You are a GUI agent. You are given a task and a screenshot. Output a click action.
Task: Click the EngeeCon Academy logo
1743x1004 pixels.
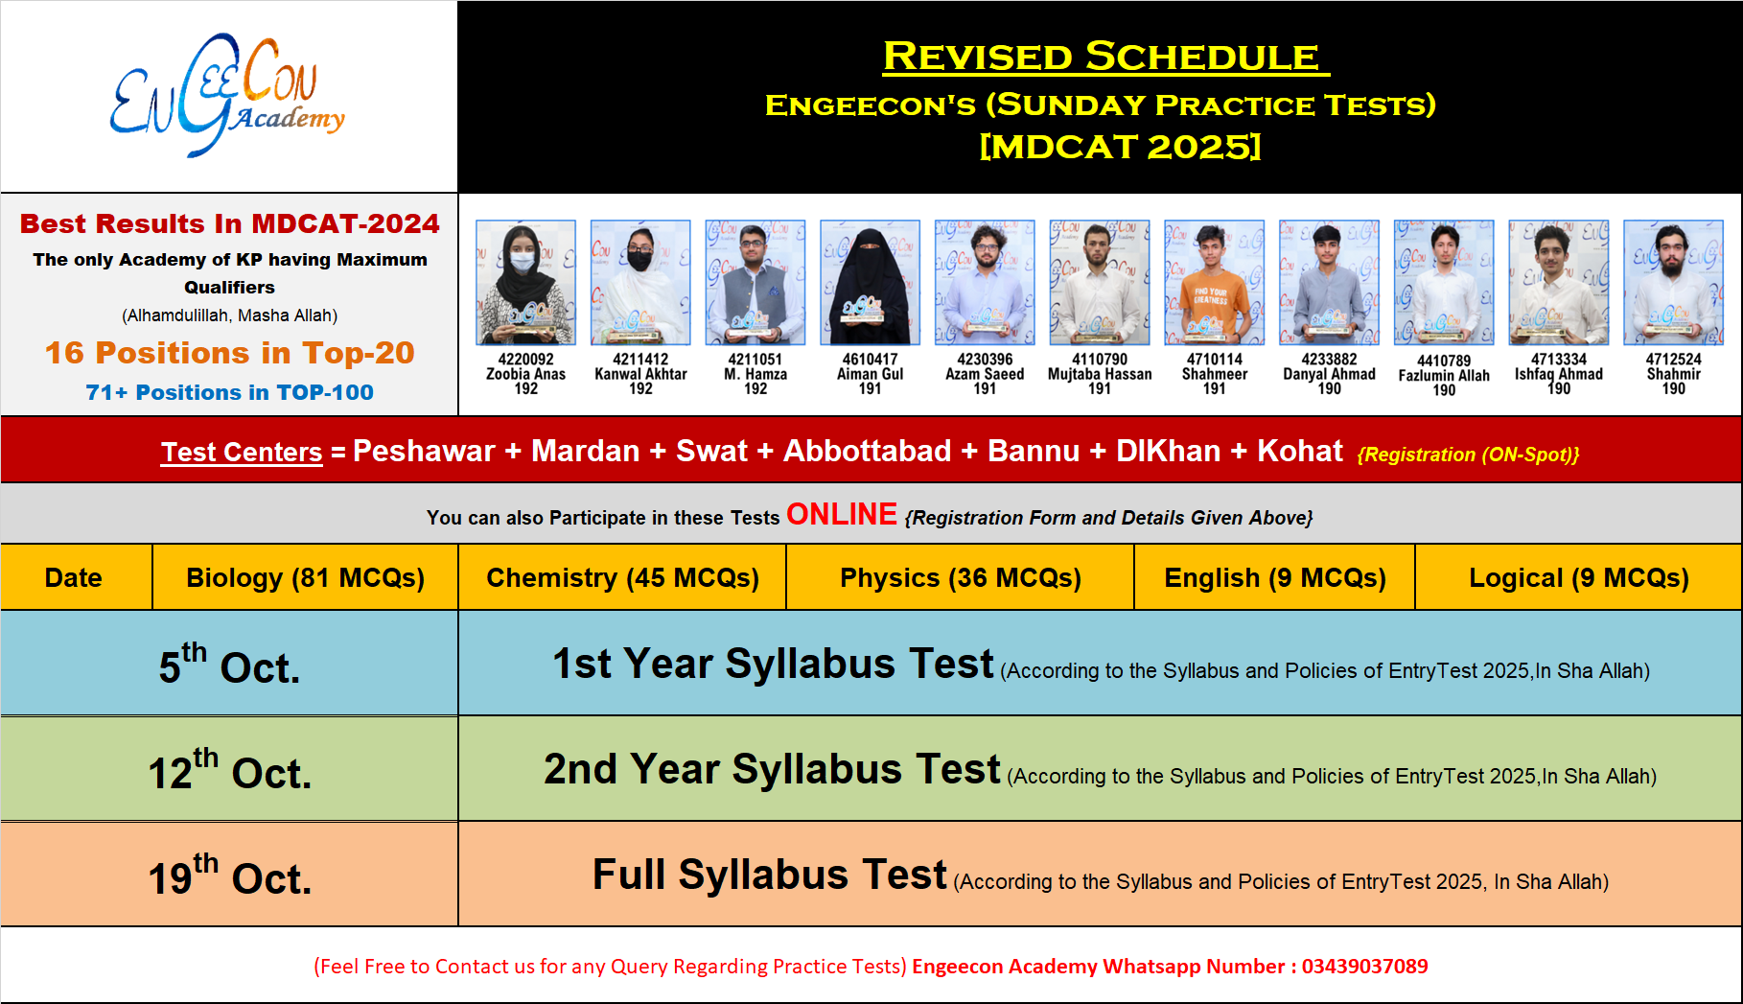click(227, 96)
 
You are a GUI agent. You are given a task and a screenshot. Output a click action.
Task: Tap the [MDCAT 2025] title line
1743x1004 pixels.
click(1120, 147)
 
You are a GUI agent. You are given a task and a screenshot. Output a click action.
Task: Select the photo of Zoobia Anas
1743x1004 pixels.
click(525, 283)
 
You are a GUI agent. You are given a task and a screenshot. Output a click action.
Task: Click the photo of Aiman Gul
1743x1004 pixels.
click(870, 283)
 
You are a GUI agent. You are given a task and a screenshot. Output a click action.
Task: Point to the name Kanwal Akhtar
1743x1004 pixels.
click(640, 374)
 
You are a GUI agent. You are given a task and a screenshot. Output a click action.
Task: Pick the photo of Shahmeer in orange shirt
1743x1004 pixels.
click(1214, 283)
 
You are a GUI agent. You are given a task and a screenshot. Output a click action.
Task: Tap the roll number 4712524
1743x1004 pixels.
click(1673, 360)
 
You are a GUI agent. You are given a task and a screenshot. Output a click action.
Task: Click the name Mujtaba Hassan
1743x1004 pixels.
click(1100, 374)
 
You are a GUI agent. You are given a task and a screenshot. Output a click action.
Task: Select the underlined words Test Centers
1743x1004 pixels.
click(242, 452)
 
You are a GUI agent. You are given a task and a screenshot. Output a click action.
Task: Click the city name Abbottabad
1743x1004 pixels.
click(867, 451)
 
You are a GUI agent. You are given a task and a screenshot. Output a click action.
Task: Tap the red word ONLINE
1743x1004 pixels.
click(842, 515)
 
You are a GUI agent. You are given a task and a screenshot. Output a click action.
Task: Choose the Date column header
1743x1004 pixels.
click(74, 577)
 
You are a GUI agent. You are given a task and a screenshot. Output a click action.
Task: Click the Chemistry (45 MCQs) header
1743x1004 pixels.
click(622, 577)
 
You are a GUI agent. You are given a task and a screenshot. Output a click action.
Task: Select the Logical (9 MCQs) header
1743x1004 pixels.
click(1578, 577)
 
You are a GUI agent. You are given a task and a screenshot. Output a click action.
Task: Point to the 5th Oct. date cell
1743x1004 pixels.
click(229, 664)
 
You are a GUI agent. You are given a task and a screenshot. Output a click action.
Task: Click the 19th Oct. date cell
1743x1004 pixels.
click(229, 875)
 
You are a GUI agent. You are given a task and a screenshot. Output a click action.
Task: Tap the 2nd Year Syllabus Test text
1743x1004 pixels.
click(772, 769)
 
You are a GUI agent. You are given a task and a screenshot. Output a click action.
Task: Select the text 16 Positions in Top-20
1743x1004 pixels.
click(230, 353)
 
